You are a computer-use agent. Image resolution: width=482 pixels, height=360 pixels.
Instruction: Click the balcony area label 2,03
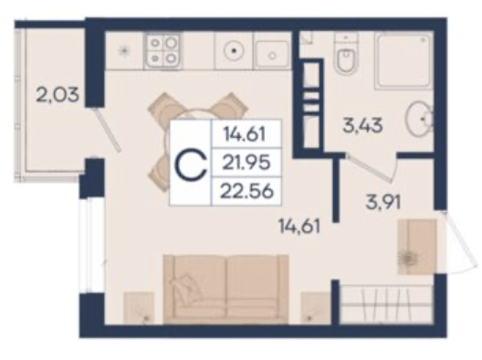tap(58, 94)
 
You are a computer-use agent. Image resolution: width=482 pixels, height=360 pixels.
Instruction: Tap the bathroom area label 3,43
tap(362, 125)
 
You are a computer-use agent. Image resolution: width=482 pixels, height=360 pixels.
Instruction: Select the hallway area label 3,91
tap(383, 202)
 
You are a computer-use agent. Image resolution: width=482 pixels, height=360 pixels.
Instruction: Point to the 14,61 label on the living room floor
tap(299, 226)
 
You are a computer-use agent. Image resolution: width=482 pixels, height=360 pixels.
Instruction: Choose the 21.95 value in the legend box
tap(246, 163)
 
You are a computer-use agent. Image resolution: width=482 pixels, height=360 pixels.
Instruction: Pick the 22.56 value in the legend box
tap(247, 191)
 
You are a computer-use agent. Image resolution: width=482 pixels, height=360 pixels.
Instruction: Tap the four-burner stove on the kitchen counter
tap(162, 50)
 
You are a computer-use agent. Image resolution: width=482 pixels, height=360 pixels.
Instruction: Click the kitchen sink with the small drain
tap(272, 55)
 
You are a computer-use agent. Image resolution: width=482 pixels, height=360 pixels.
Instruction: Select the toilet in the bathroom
tap(346, 55)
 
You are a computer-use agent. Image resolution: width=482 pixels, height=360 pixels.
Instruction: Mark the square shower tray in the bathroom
tap(403, 60)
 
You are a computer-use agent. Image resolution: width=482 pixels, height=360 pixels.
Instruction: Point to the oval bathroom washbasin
tap(419, 119)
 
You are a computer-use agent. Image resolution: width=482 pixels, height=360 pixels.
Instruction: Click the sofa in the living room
tap(226, 290)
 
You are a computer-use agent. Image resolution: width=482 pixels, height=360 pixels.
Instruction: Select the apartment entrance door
tap(458, 242)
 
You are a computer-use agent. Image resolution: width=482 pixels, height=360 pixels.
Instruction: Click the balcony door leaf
tap(108, 129)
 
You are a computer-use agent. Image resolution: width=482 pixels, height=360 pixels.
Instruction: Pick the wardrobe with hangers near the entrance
tap(386, 304)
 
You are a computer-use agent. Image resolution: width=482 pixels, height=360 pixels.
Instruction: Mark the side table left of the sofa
tap(139, 308)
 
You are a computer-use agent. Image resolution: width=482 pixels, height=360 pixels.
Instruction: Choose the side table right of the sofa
tap(315, 308)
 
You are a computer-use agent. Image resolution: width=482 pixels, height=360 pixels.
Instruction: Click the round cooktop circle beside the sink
tap(235, 50)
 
